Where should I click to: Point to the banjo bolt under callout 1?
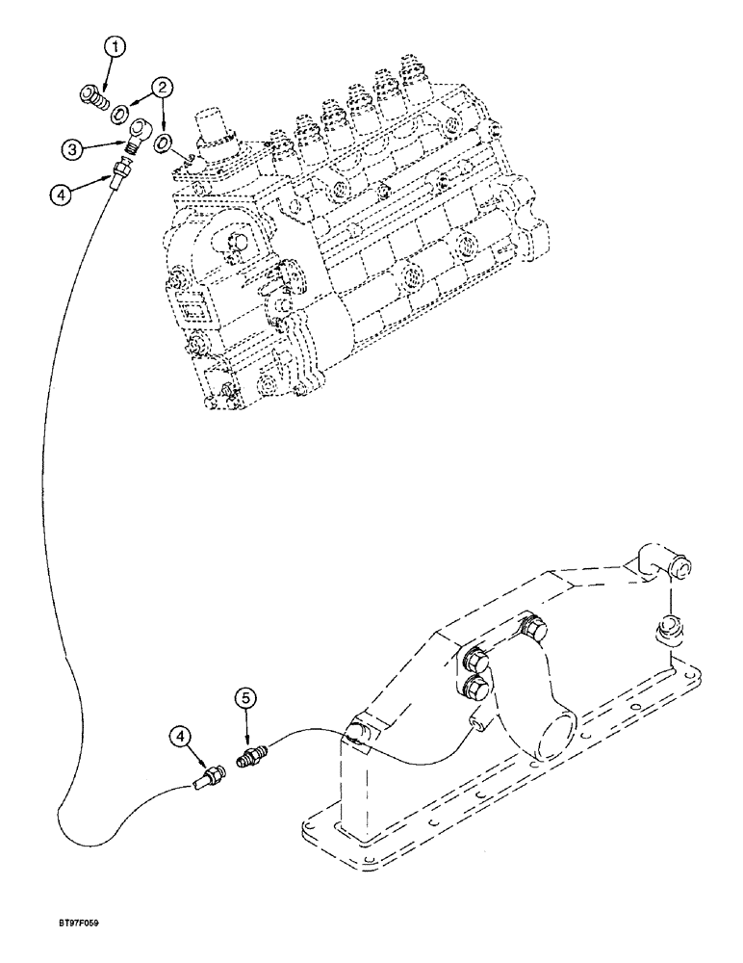pos(91,97)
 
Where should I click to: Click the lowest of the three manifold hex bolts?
pos(474,687)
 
